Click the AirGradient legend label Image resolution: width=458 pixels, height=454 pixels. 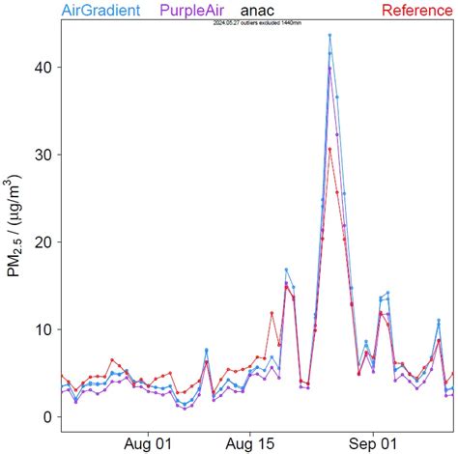100,11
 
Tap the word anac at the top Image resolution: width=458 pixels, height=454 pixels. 259,12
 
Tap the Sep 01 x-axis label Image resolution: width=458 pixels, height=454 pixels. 372,445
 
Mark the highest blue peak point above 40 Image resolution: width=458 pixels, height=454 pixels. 329,36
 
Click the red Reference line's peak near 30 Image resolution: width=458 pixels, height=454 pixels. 329,149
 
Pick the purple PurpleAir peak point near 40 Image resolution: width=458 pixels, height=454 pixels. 329,68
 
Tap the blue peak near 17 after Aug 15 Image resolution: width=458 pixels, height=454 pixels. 286,270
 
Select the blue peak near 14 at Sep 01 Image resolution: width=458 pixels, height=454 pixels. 387,293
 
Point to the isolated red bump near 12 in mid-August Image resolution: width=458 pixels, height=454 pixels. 272,313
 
